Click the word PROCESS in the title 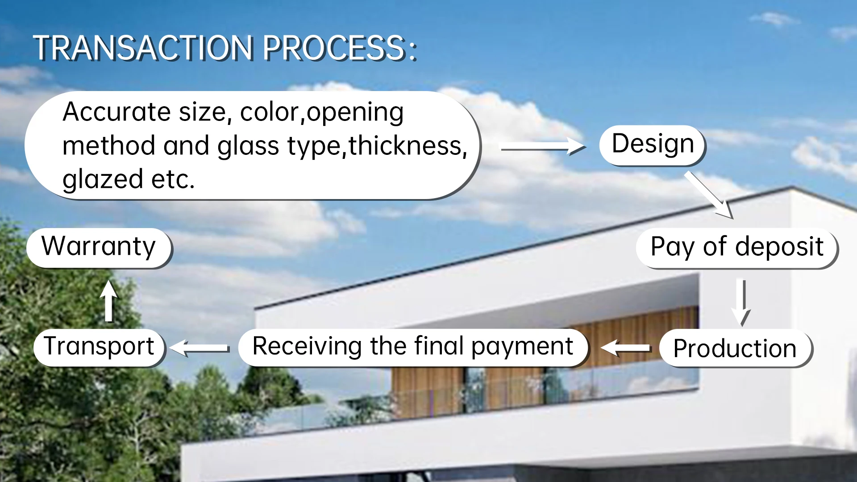tap(334, 48)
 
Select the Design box tap(652, 145)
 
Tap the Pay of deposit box tap(737, 248)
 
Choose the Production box tap(736, 348)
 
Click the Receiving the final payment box tap(413, 347)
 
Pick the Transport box tap(99, 347)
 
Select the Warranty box tap(99, 248)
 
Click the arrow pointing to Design tap(543, 147)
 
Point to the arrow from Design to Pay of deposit tap(709, 195)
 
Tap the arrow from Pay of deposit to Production tap(741, 302)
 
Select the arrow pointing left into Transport tap(200, 348)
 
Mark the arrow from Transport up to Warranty tap(108, 301)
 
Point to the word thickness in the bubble tap(407, 145)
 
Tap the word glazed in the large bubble tap(103, 180)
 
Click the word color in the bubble tap(269, 112)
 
